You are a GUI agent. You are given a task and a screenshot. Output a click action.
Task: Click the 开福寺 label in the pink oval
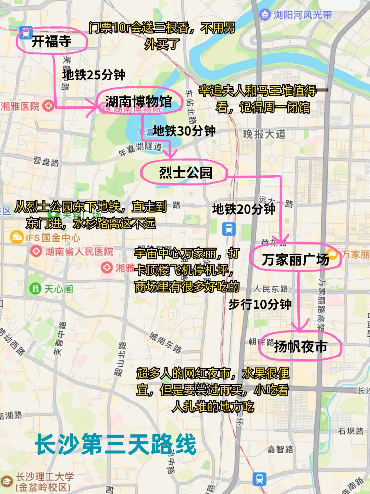click(51, 41)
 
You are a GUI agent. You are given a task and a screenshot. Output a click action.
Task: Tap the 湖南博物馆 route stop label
click(138, 101)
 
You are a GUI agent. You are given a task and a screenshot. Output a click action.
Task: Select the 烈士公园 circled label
click(185, 173)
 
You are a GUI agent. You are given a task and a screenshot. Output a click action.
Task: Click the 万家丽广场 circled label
click(295, 259)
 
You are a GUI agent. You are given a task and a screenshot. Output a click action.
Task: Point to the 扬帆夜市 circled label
click(300, 346)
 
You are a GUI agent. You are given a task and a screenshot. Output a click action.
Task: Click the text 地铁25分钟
click(94, 75)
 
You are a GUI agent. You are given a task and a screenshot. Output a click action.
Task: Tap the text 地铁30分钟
click(184, 130)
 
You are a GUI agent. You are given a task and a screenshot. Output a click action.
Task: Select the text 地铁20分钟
click(244, 208)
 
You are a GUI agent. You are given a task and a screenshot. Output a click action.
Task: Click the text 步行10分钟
click(260, 304)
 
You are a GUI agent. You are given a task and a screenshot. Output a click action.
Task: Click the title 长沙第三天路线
click(116, 444)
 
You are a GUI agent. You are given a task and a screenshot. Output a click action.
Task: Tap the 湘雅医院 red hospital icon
click(48, 105)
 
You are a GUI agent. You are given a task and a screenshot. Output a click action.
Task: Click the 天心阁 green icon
click(35, 289)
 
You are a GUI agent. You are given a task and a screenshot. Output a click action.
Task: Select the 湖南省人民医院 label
click(79, 252)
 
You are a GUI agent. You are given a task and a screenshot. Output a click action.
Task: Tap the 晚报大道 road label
click(264, 134)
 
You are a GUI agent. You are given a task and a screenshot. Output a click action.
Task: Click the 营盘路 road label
click(46, 161)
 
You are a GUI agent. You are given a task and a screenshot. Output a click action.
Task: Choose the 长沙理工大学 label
click(45, 477)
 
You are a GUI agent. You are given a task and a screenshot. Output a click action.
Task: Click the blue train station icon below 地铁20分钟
click(229, 228)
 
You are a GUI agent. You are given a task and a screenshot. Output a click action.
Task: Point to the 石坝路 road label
click(351, 431)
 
